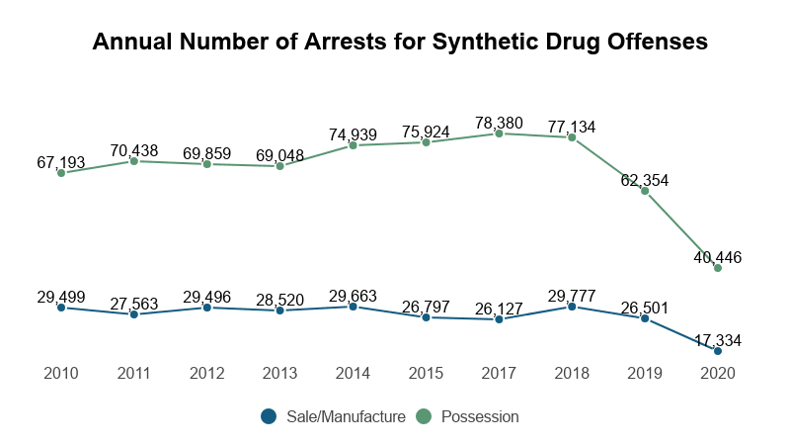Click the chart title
[x=400, y=42]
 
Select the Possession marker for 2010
[x=61, y=173]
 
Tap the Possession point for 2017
[x=500, y=133]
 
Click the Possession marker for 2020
[x=718, y=268]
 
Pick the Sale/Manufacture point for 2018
[x=572, y=307]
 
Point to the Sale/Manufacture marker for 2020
[x=718, y=351]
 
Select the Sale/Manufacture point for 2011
[x=133, y=314]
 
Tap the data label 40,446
[x=718, y=257]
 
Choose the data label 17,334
[x=718, y=340]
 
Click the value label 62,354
[x=645, y=180]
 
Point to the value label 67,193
[x=61, y=162]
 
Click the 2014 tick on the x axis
[x=353, y=374]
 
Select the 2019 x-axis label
[x=645, y=374]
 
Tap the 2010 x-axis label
[x=61, y=374]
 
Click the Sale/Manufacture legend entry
[x=334, y=417]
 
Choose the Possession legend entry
[x=467, y=417]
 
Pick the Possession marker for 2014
[x=353, y=145]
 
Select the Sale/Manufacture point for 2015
[x=426, y=317]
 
